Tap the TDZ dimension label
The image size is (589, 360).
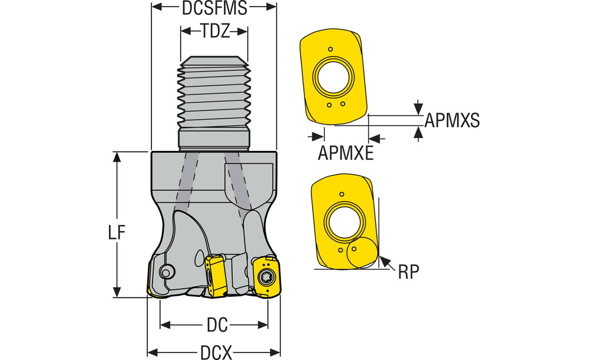pyautogui.click(x=214, y=31)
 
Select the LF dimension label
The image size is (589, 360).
pyautogui.click(x=117, y=233)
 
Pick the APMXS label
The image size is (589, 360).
pyautogui.click(x=452, y=120)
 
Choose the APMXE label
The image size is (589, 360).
pyautogui.click(x=346, y=153)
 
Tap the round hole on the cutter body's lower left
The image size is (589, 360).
pyautogui.click(x=167, y=272)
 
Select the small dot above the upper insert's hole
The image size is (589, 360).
pyautogui.click(x=331, y=49)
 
